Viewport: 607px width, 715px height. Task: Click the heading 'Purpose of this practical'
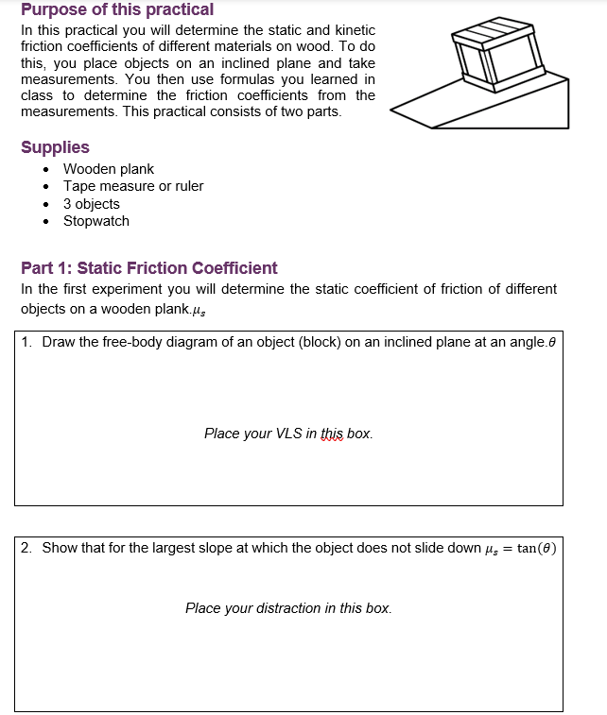pyautogui.click(x=117, y=10)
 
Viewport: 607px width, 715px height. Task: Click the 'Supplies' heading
pyautogui.click(x=55, y=147)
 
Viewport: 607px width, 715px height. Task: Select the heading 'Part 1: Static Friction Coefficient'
pyautogui.click(x=149, y=268)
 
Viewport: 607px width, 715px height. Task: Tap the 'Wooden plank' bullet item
pyautogui.click(x=108, y=169)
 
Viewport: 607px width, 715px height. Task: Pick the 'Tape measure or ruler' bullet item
pyautogui.click(x=133, y=186)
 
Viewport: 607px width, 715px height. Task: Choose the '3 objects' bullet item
pyautogui.click(x=92, y=204)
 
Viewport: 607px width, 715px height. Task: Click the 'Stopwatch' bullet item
pyautogui.click(x=96, y=221)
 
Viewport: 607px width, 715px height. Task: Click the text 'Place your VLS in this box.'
pyautogui.click(x=288, y=434)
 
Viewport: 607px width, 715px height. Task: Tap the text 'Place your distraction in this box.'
pyautogui.click(x=288, y=608)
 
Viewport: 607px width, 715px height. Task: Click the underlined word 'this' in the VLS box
pyautogui.click(x=332, y=434)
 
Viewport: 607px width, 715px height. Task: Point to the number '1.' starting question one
pyautogui.click(x=26, y=342)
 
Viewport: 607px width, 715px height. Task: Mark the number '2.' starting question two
pyautogui.click(x=26, y=548)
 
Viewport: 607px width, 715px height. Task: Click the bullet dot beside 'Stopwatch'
pyautogui.click(x=47, y=222)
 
